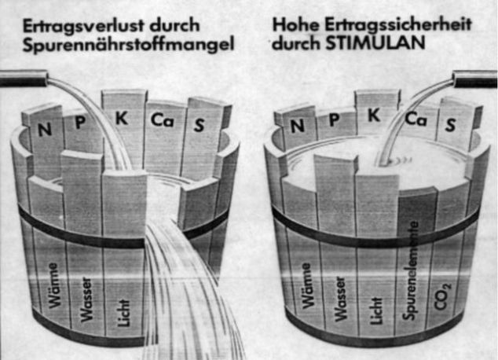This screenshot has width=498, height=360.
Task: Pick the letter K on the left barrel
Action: [122, 117]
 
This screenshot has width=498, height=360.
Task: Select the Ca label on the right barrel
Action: [416, 119]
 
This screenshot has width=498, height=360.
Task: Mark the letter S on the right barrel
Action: [450, 125]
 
